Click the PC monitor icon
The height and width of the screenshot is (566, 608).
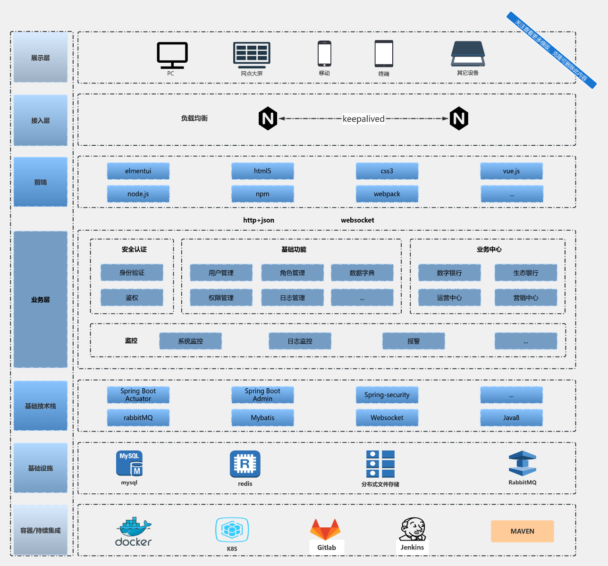pos(172,55)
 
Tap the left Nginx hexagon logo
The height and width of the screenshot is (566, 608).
pos(268,118)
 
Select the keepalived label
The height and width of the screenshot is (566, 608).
pos(363,119)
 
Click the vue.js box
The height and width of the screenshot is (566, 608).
pos(511,171)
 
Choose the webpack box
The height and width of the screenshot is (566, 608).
pos(387,194)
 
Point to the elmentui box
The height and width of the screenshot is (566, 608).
pos(138,171)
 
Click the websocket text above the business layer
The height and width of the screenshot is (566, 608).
pos(357,220)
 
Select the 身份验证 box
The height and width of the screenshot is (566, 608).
pos(132,273)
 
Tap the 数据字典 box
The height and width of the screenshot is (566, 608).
pos(362,273)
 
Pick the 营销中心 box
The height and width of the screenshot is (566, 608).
pos(525,298)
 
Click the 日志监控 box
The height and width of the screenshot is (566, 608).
pos(300,341)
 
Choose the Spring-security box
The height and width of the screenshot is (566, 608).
pos(387,395)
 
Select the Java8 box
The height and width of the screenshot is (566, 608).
pos(511,417)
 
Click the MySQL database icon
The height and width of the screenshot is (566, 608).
pos(129,463)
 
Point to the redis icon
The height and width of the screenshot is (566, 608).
pos(245,464)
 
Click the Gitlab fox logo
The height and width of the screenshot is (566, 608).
pos(325,530)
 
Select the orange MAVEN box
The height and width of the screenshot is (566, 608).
pos(522,531)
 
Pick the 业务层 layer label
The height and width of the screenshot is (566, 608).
pos(41,300)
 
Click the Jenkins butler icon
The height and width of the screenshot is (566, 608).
pos(413,529)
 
